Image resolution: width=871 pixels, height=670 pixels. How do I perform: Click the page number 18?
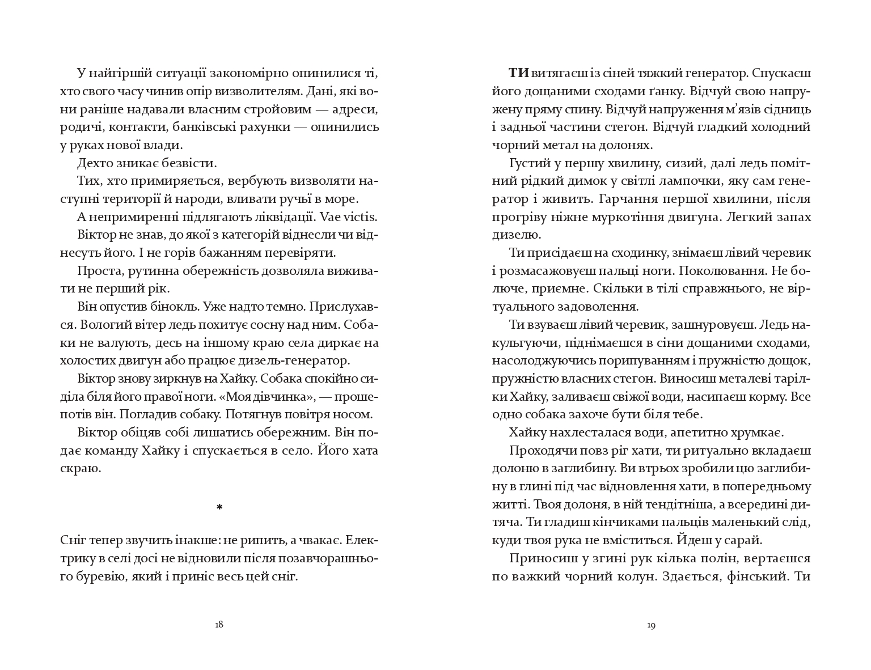tap(219, 625)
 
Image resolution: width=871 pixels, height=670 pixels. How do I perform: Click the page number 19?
tap(651, 625)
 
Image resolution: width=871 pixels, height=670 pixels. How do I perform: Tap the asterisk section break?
tap(219, 507)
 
